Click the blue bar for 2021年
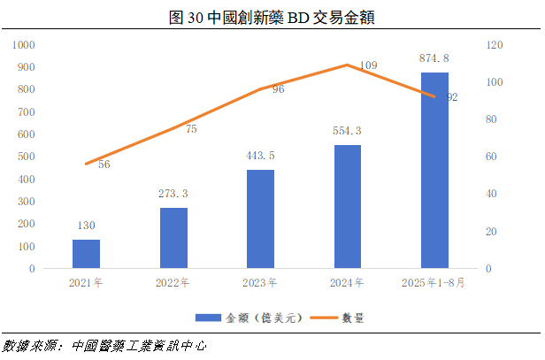[86, 253]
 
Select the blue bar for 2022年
[173, 237]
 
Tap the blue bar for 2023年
[260, 218]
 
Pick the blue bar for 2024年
[348, 206]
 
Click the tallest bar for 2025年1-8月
[434, 170]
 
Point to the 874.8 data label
[434, 58]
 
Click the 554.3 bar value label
[348, 131]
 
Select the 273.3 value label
[173, 194]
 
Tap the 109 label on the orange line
[369, 65]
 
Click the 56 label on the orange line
[104, 165]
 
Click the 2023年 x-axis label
[260, 284]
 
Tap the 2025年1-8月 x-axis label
[434, 284]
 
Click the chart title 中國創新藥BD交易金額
[272, 15]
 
